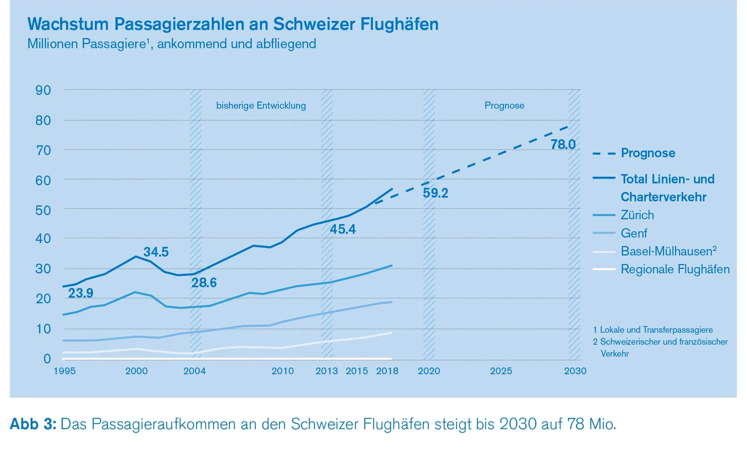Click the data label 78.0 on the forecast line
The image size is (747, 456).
click(x=563, y=145)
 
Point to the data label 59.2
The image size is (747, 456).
click(x=435, y=193)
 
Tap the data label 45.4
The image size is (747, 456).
click(x=342, y=229)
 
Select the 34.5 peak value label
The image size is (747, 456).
click(x=156, y=252)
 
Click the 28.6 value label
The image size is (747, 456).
click(x=204, y=283)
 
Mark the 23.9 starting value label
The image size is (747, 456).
click(x=81, y=293)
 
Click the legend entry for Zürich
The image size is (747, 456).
click(x=637, y=215)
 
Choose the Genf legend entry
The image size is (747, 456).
click(x=633, y=233)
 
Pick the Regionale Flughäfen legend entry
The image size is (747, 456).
click(x=675, y=269)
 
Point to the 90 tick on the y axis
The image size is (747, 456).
click(x=43, y=90)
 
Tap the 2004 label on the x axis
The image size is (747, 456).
click(x=194, y=371)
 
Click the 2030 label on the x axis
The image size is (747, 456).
click(x=575, y=371)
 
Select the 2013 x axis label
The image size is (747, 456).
click(x=326, y=371)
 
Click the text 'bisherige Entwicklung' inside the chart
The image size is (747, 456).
click(x=261, y=106)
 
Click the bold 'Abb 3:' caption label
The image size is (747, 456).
click(x=33, y=424)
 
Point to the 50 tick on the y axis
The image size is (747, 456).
click(x=43, y=211)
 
